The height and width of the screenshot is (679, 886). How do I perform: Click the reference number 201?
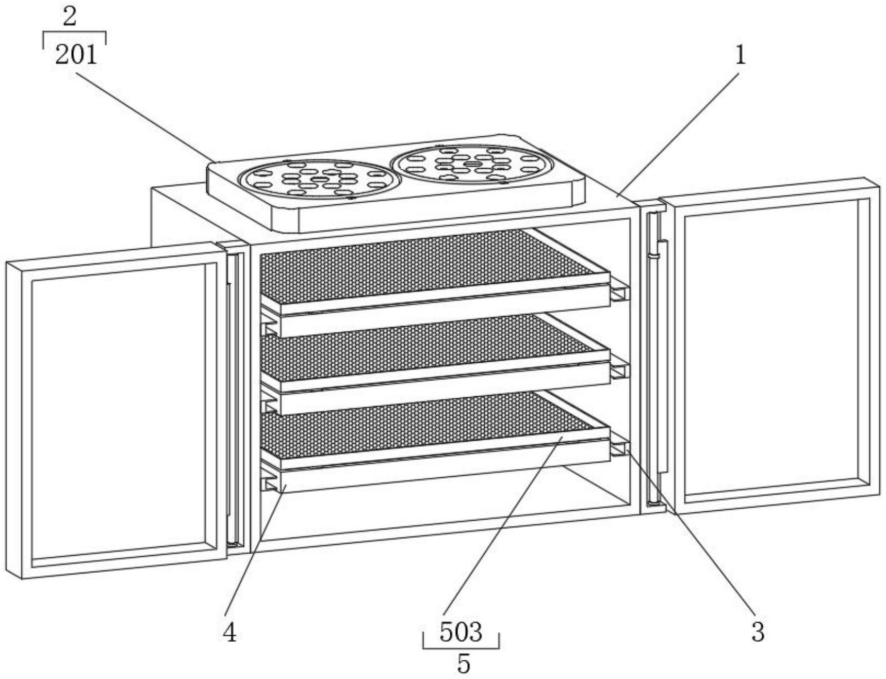click(76, 54)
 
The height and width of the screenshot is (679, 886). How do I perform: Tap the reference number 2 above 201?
click(70, 17)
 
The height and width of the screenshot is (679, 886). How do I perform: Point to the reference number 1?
click(741, 55)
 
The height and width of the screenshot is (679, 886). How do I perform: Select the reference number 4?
click(229, 632)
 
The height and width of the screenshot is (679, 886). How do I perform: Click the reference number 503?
click(461, 632)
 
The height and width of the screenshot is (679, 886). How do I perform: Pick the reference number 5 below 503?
click(464, 664)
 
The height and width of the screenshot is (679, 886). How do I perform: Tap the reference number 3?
click(757, 632)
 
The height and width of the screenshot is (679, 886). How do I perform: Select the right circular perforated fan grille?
click(472, 164)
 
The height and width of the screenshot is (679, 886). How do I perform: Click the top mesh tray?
click(423, 263)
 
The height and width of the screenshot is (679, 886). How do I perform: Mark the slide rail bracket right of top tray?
click(620, 293)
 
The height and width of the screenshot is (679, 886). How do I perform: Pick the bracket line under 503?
click(461, 648)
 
